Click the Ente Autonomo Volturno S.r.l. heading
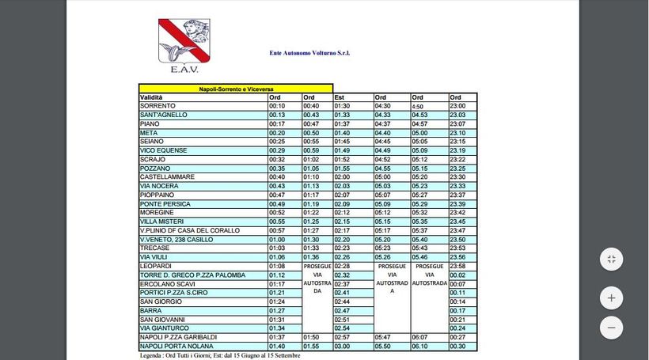coord(309,53)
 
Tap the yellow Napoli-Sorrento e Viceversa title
coord(236,89)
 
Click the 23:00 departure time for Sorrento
coord(458,106)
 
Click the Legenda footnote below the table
coord(219,355)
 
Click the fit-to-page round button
coord(611,259)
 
